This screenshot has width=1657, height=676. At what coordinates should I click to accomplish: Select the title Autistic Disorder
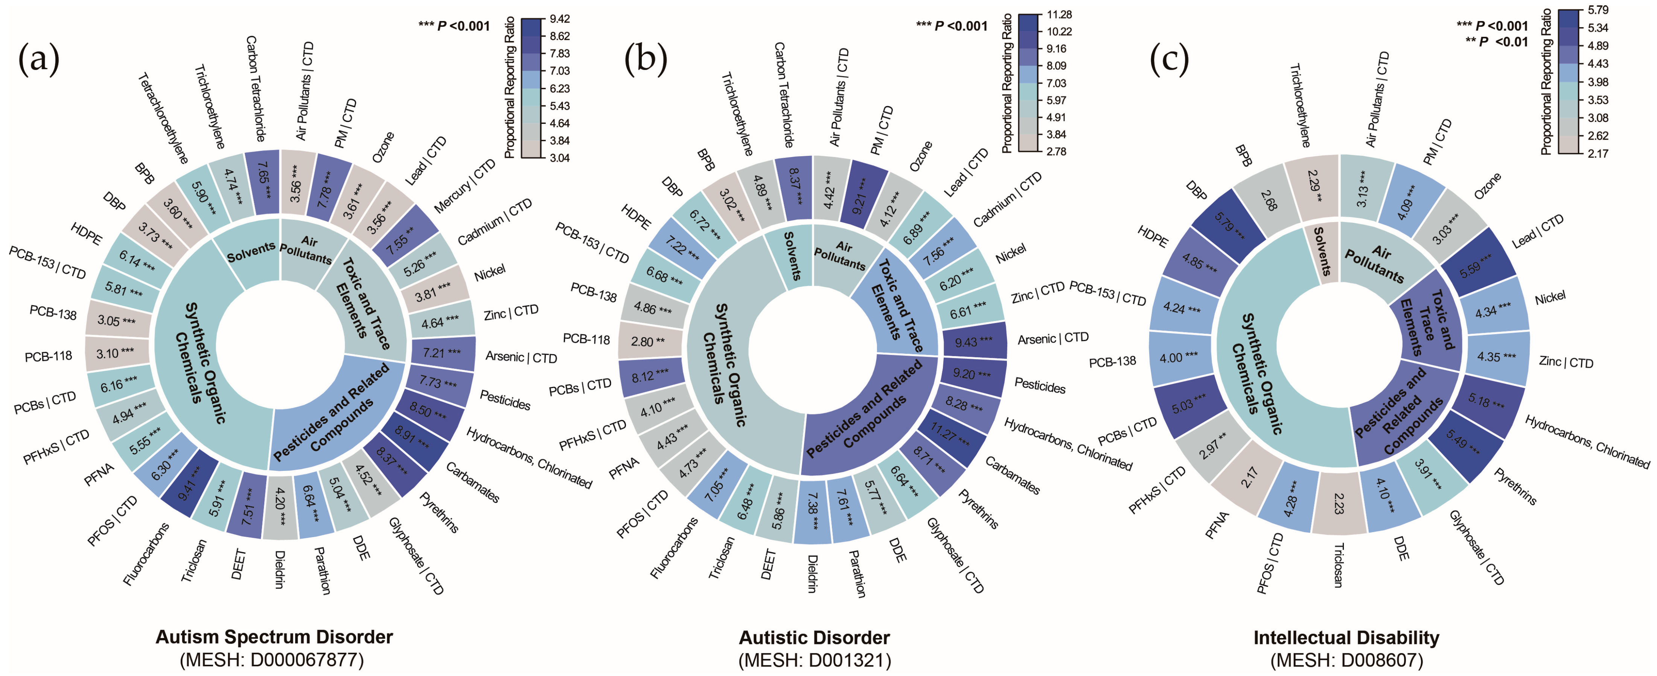tap(814, 637)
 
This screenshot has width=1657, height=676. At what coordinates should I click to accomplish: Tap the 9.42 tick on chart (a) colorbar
tap(559, 19)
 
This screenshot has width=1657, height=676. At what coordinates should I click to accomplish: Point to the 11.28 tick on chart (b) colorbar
tap(1059, 15)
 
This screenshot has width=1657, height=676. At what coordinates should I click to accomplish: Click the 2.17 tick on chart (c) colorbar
tap(1598, 153)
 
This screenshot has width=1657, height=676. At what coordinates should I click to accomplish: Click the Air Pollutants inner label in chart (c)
tap(1377, 262)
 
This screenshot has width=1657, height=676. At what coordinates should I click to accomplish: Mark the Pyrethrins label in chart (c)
tap(1515, 486)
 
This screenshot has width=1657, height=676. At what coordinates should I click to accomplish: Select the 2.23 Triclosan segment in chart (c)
tap(1339, 504)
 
